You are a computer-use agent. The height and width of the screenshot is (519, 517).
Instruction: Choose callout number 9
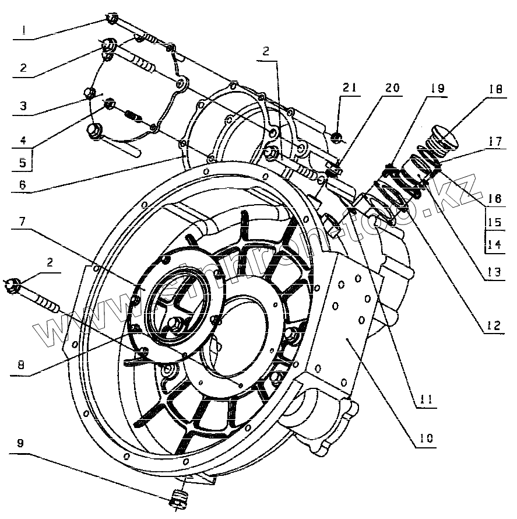[x=22, y=443]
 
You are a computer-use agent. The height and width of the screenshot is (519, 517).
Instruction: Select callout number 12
[x=493, y=326]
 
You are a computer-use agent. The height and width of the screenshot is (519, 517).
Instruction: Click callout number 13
[x=493, y=271]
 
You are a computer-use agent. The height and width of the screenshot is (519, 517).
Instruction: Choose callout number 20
[x=392, y=89]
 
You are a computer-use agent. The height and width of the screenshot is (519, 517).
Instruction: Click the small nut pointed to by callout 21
[x=336, y=138]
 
